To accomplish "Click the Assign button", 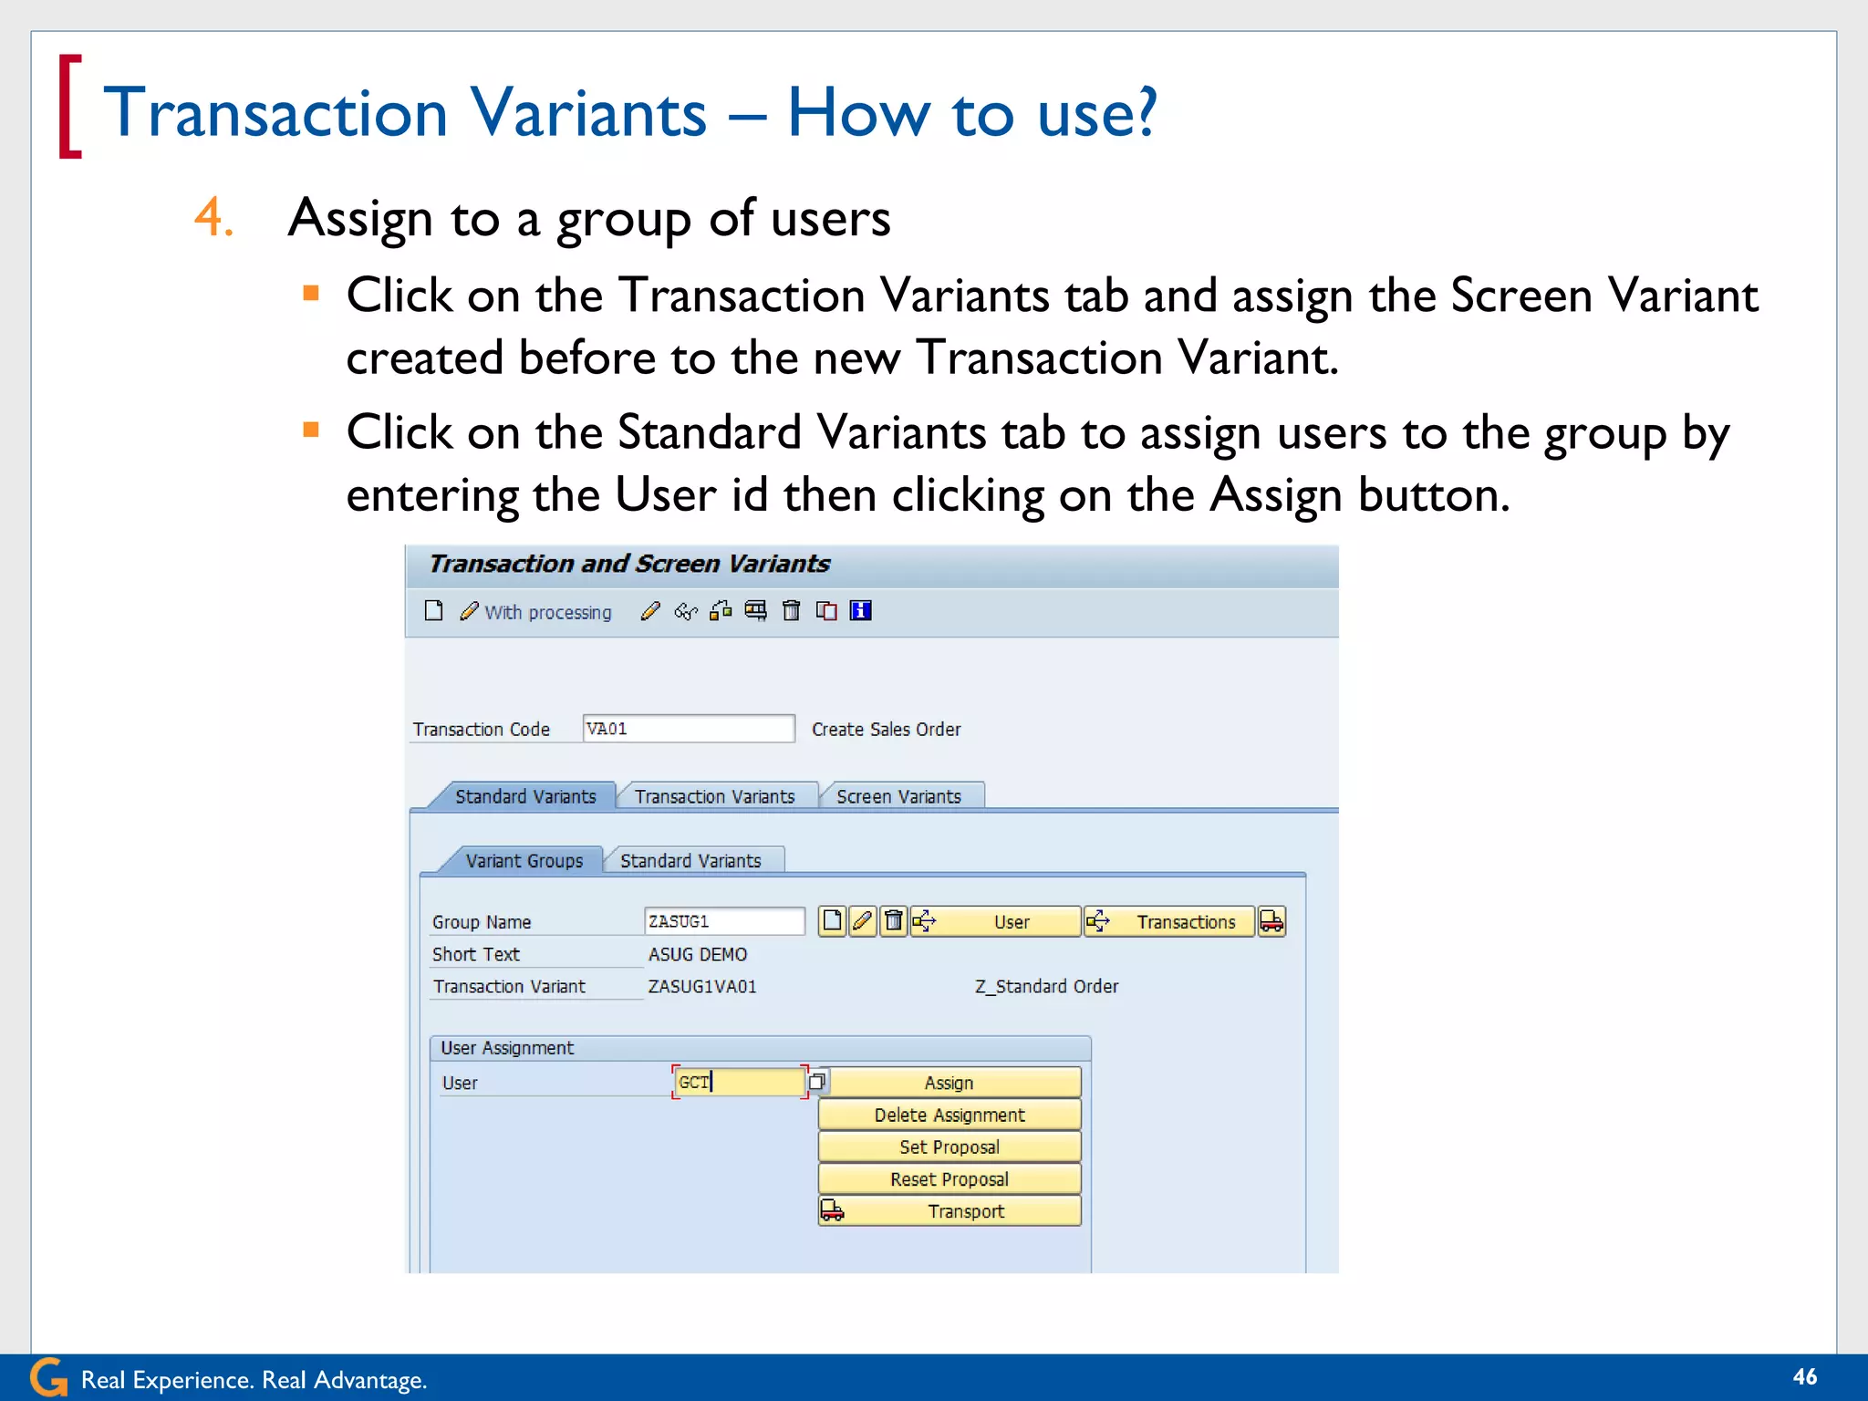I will [x=949, y=1083].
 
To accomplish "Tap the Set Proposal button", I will [x=949, y=1147].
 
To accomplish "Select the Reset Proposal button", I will [x=949, y=1178].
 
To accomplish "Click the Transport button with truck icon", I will [x=949, y=1211].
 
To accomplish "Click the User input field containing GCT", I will [x=739, y=1083].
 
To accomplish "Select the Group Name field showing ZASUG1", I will [x=723, y=921].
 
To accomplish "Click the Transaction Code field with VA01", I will [x=688, y=729].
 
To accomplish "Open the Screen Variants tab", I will [x=898, y=796].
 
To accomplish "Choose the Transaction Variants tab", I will [x=714, y=796].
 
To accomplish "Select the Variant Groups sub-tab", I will [x=524, y=860].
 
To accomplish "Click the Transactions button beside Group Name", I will [x=1170, y=921].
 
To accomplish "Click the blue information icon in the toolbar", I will [x=860, y=611].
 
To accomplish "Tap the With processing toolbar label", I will [x=546, y=612].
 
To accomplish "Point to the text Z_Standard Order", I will [x=1046, y=986].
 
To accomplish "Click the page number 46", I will [x=1804, y=1376].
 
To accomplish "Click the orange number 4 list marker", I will [x=213, y=218].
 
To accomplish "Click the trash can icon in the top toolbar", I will [x=791, y=611].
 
